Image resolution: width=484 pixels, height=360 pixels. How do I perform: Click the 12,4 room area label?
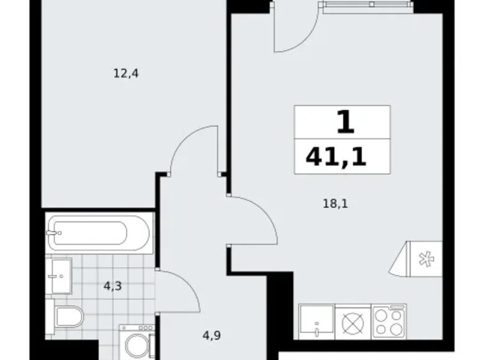(126, 74)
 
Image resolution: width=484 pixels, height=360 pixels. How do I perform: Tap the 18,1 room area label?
(335, 204)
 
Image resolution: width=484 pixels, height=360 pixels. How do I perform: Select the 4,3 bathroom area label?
(113, 287)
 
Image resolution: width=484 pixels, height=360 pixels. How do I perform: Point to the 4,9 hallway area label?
(212, 335)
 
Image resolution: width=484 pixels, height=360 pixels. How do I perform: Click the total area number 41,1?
(336, 157)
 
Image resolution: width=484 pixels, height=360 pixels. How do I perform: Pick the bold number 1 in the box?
(345, 122)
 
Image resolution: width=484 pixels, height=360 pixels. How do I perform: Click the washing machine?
(137, 342)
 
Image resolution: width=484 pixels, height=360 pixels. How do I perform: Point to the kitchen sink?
(316, 322)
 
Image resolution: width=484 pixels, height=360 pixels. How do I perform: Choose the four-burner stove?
(388, 322)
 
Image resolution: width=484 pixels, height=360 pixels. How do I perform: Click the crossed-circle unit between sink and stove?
(353, 323)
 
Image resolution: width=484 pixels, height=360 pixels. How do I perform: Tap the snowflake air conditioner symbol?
(426, 259)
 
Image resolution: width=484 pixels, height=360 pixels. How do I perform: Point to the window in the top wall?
(367, 4)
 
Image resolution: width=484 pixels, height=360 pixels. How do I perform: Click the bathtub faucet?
(53, 233)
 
